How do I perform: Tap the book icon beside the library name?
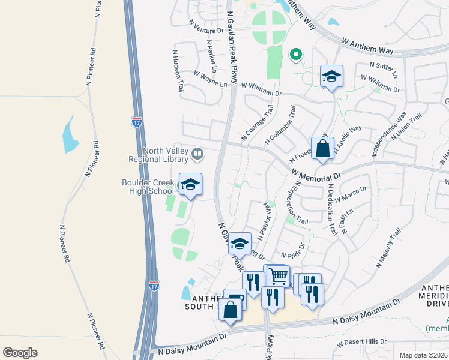(x=196, y=155)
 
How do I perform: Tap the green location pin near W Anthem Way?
(x=295, y=55)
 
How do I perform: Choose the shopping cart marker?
(x=278, y=277)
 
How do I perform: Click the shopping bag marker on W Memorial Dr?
(x=322, y=149)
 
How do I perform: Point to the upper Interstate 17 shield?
(x=137, y=121)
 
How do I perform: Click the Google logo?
(x=20, y=352)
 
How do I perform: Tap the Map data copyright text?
(x=423, y=355)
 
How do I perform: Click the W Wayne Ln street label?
(x=210, y=79)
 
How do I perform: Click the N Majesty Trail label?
(x=388, y=247)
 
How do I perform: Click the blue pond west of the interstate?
(x=70, y=133)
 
